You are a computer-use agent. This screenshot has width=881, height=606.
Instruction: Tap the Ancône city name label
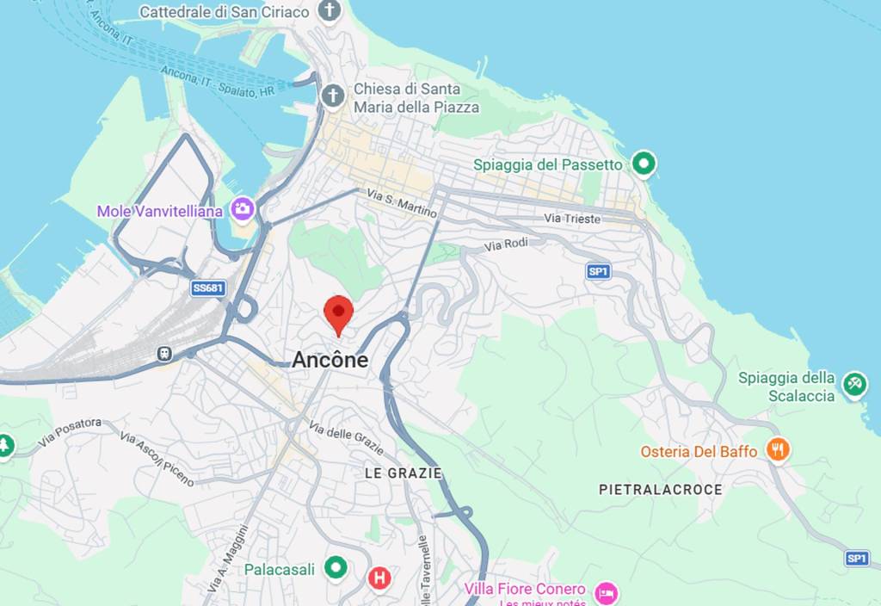pos(330,360)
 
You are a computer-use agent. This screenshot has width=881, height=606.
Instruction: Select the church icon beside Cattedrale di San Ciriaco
pos(329,11)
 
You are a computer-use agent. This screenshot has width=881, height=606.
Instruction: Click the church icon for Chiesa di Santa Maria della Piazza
pos(333,96)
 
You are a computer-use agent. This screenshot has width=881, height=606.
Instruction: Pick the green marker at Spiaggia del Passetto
pos(644,163)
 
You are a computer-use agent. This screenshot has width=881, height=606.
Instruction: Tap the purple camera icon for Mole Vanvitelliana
pos(243,209)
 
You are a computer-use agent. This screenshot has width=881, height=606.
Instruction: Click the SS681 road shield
pos(207,288)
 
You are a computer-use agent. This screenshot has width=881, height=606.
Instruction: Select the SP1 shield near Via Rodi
pos(598,271)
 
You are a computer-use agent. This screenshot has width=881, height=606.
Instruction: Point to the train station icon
pos(163,353)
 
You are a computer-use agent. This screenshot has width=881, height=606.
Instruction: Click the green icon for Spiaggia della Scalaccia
pos(854,383)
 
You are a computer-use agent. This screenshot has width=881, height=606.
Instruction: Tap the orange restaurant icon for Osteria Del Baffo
pos(778,449)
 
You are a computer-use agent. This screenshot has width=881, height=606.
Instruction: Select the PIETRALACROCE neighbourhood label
pos(661,489)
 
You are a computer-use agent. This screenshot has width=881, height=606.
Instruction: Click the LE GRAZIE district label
pos(403,473)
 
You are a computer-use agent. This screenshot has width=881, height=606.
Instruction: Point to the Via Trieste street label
pos(572,219)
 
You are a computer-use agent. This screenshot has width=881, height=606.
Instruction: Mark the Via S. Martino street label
pos(402,203)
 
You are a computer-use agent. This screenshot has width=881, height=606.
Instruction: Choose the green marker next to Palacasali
pos(335,568)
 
